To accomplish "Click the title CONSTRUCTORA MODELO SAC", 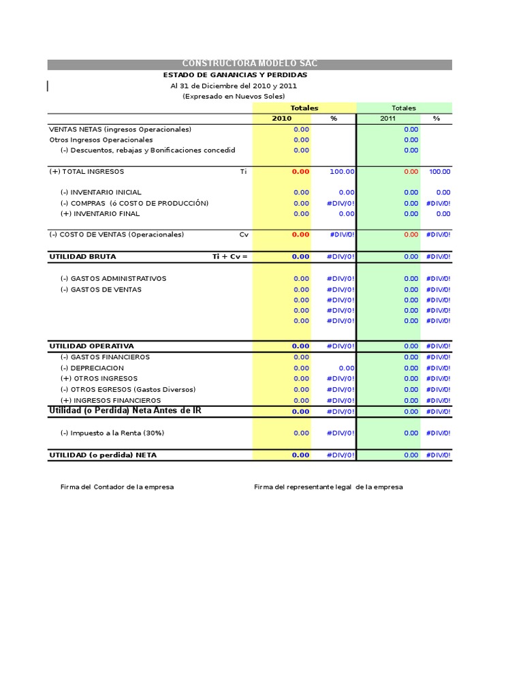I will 249,64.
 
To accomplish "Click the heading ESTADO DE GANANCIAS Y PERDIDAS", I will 235,75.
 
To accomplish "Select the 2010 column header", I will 281,119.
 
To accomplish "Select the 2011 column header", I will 387,119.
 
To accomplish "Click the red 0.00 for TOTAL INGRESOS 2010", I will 300,172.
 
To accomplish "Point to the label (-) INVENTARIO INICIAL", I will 101,193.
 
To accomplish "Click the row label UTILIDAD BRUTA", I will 82,257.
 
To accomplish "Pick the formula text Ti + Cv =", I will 229,257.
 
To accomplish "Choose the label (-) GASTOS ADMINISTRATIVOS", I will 113,279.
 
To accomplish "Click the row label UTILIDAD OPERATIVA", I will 91,346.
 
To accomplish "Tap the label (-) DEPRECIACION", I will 92,368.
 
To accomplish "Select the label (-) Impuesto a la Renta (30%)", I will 112,433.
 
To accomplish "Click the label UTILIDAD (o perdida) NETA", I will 103,455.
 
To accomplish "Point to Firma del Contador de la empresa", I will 116,487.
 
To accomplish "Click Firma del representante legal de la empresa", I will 328,487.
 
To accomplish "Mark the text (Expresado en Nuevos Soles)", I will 234,97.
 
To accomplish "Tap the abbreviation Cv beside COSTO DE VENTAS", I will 244,234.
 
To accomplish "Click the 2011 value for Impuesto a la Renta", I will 411,433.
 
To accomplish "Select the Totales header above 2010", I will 304,108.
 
